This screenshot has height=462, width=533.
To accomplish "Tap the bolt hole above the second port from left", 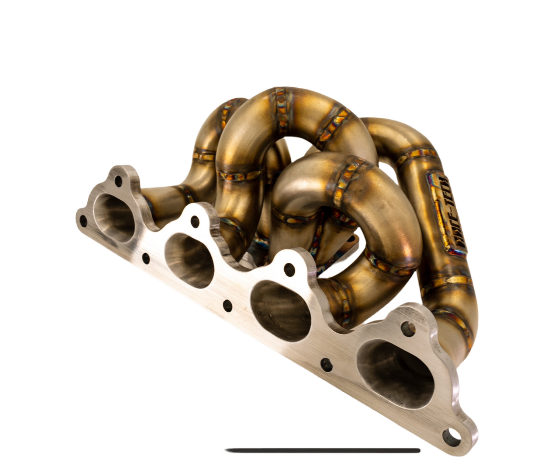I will (x=195, y=221).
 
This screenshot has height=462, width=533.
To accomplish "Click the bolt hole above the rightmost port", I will (x=408, y=329).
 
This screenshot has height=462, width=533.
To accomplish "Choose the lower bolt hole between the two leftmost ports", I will (x=146, y=258).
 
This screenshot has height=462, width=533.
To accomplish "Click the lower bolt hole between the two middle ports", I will (x=228, y=305).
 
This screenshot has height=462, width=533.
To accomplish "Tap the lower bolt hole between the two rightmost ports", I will (x=326, y=365).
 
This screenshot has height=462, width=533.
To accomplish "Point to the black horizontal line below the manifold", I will (x=323, y=450).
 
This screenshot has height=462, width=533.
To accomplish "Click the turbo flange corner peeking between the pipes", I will (x=352, y=241).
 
